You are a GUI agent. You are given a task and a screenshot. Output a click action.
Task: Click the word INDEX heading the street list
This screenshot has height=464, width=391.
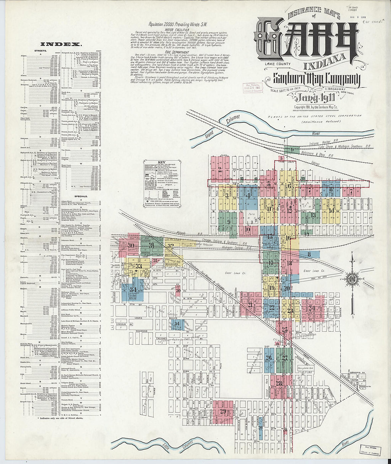click(x=61, y=44)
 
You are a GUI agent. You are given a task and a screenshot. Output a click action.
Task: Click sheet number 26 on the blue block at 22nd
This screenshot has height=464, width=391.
click(x=268, y=357)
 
